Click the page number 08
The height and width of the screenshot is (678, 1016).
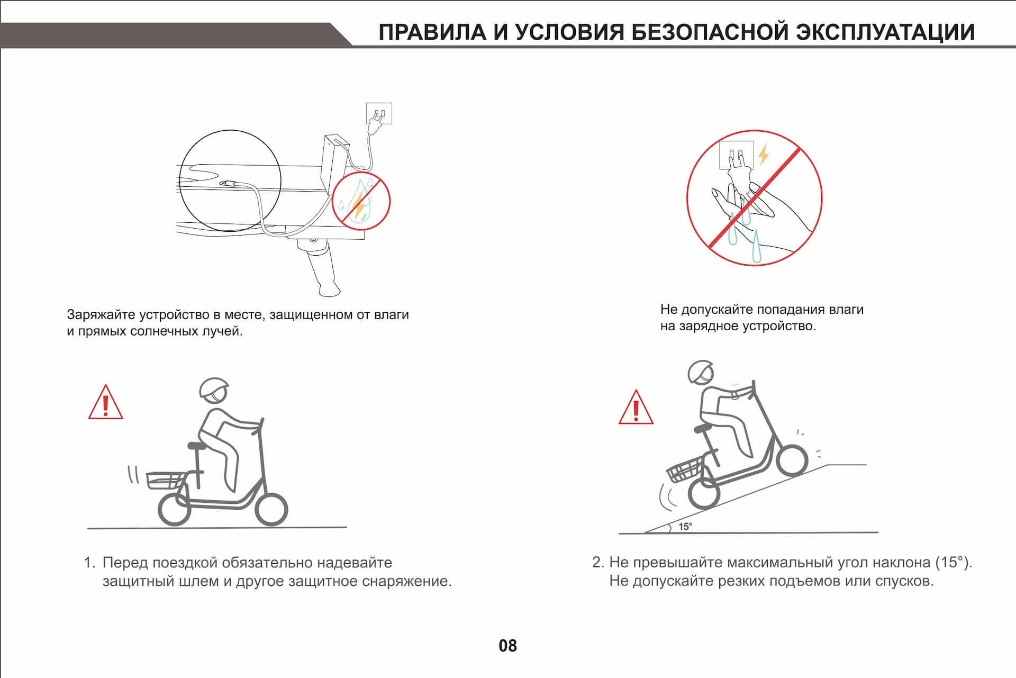click(x=507, y=645)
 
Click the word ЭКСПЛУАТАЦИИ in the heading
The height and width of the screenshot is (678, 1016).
click(x=885, y=32)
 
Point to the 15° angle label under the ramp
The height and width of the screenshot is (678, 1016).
click(x=685, y=527)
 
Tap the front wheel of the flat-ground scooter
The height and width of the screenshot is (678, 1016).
click(x=271, y=509)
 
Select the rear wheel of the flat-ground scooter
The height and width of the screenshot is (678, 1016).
click(x=174, y=509)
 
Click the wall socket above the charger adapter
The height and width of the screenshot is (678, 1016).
click(x=379, y=113)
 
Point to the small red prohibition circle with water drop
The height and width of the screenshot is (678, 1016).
click(x=361, y=201)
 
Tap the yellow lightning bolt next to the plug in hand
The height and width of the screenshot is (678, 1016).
click(x=763, y=154)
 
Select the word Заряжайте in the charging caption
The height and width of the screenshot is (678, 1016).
click(x=101, y=315)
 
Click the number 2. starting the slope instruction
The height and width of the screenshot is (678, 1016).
click(x=598, y=562)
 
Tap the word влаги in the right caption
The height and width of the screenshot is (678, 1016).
click(x=846, y=310)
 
